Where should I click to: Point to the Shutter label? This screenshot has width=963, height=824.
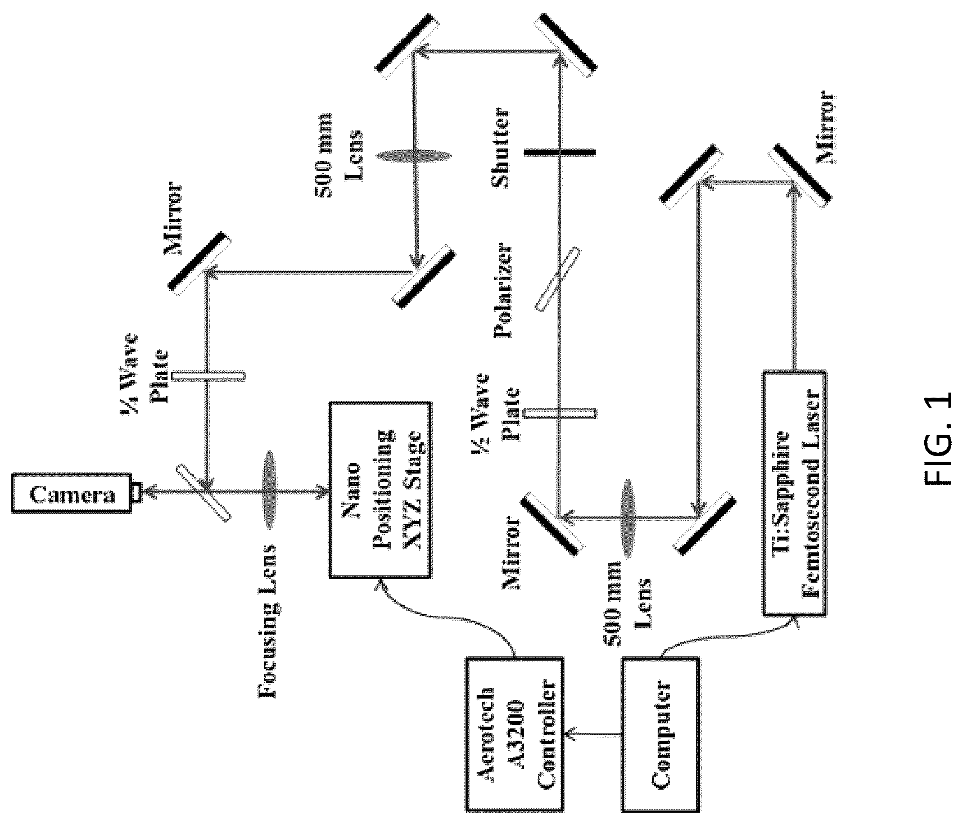499,149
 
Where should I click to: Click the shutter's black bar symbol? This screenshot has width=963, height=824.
559,152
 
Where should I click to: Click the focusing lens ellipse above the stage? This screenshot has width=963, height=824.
269,490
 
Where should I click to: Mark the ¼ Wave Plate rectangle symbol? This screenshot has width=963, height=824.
208,375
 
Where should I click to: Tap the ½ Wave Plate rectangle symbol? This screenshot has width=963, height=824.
559,413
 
